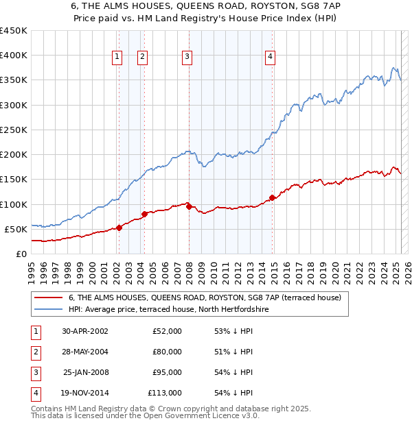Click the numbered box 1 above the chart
coord(117,57)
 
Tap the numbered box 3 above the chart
coord(187,57)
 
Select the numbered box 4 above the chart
coord(271,57)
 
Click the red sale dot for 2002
coord(119,228)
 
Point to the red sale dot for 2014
coord(273,197)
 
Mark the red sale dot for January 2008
coord(189,206)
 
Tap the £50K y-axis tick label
coord(16,229)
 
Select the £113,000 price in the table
coord(164,393)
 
